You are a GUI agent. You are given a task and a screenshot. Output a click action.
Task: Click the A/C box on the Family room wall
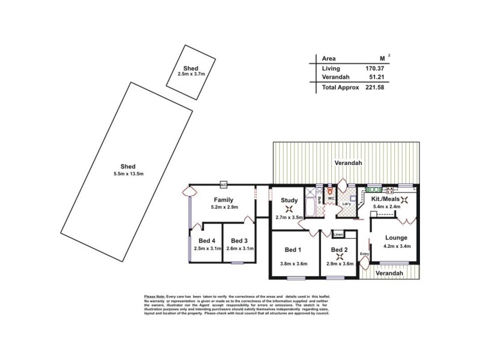(x=223, y=184)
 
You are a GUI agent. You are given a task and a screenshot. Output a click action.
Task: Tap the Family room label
(x=223, y=200)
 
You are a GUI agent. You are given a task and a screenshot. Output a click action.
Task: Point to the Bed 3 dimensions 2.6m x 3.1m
(x=239, y=248)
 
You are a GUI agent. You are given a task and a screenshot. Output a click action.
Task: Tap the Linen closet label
(x=338, y=234)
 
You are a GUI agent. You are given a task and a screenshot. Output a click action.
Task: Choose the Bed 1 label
(x=293, y=249)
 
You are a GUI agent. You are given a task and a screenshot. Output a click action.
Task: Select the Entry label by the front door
(x=364, y=254)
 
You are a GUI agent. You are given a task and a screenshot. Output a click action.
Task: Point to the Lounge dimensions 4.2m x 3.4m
(x=397, y=245)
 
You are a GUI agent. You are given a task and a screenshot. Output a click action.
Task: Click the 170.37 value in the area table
(x=374, y=68)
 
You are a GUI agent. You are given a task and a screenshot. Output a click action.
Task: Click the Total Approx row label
(x=340, y=87)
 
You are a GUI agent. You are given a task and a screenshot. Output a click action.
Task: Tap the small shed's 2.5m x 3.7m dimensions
(x=191, y=74)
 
